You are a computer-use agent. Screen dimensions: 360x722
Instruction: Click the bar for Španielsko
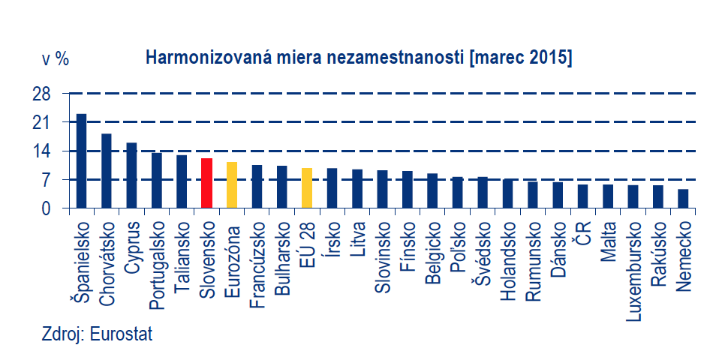[x=81, y=161]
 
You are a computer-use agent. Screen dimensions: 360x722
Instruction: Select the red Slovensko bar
[x=206, y=183]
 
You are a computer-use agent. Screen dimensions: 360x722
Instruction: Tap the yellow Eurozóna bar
[x=231, y=185]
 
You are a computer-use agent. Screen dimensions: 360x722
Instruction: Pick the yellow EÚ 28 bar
[x=306, y=188]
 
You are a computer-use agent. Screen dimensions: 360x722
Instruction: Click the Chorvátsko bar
[x=107, y=171]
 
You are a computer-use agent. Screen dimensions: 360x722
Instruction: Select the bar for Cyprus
[x=131, y=175]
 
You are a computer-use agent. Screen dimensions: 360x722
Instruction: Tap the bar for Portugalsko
[x=156, y=181]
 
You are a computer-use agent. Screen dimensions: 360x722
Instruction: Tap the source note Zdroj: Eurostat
[x=97, y=334]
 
